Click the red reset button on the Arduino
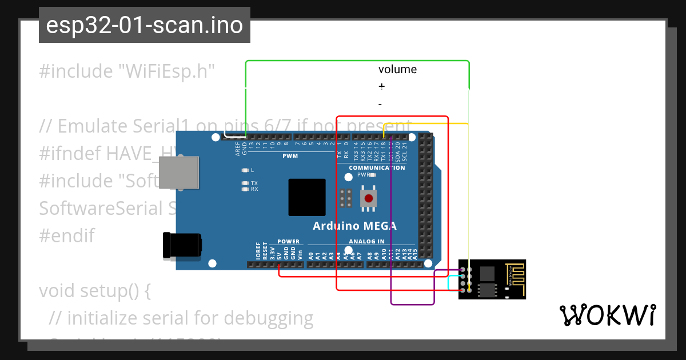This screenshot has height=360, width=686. tap(369, 199)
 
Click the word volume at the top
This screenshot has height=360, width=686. tap(397, 70)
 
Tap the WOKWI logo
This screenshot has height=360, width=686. tap(607, 315)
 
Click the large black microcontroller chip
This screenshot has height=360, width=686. tap(307, 197)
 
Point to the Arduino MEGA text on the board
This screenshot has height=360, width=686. tap(354, 225)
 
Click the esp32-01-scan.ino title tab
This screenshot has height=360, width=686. tap(144, 26)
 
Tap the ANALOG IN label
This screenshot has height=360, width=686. tap(366, 242)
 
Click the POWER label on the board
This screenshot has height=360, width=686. tap(288, 242)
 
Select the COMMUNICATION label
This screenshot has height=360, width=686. tap(377, 167)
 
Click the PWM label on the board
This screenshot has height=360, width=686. tap(290, 155)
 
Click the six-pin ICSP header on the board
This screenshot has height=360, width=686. tap(345, 198)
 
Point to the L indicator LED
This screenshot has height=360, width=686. tap(245, 170)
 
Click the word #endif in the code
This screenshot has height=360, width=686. tap(66, 236)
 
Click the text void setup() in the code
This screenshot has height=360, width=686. tap(94, 291)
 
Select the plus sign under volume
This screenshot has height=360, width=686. tap(381, 86)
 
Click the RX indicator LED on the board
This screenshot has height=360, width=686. tap(245, 189)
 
